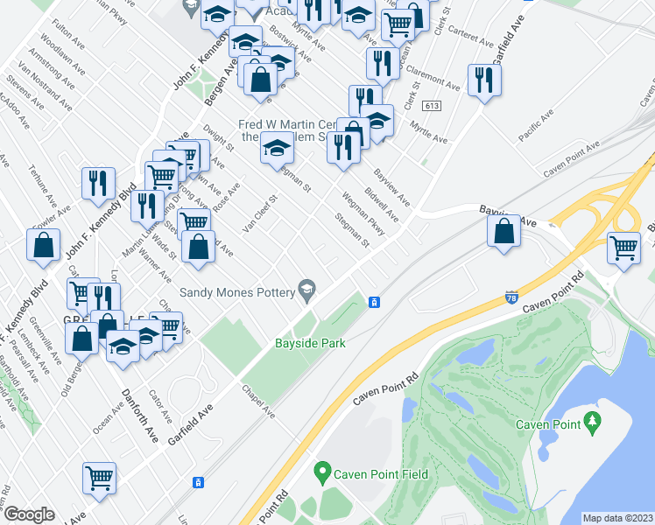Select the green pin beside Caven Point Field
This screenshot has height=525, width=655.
coord(322,474)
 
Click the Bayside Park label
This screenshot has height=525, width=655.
coord(310,343)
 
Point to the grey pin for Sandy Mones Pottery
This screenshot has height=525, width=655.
coord(307,287)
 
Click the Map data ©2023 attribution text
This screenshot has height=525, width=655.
coord(618,518)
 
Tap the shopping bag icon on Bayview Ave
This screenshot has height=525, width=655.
coord(504,232)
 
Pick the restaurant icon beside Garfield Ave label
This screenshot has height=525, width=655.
coord(482,80)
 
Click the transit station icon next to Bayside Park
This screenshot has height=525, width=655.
coord(374,302)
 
